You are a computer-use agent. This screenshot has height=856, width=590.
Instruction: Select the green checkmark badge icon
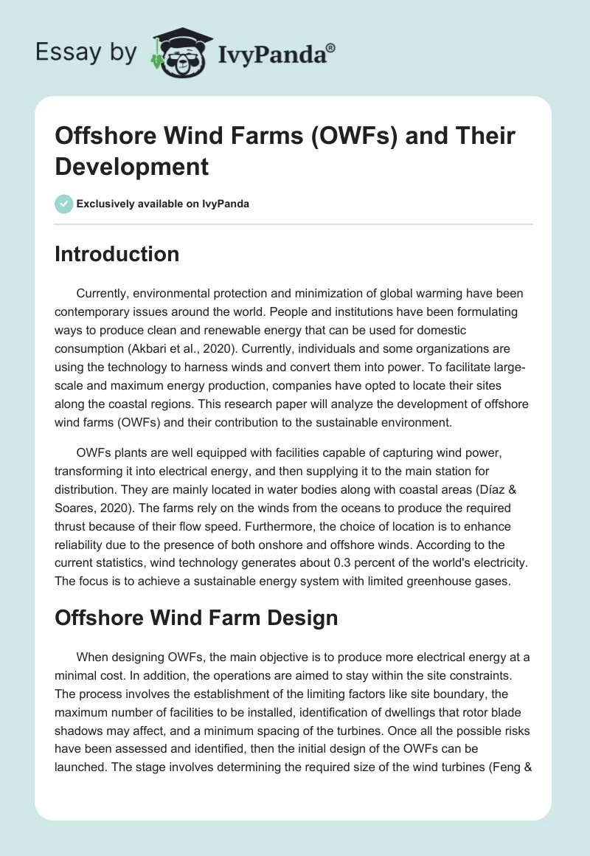(x=63, y=204)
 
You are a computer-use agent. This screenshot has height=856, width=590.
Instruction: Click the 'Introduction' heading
(x=117, y=255)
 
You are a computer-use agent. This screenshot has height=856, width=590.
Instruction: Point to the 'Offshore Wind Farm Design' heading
(x=196, y=597)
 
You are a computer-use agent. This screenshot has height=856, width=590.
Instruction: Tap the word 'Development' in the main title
(x=132, y=167)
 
